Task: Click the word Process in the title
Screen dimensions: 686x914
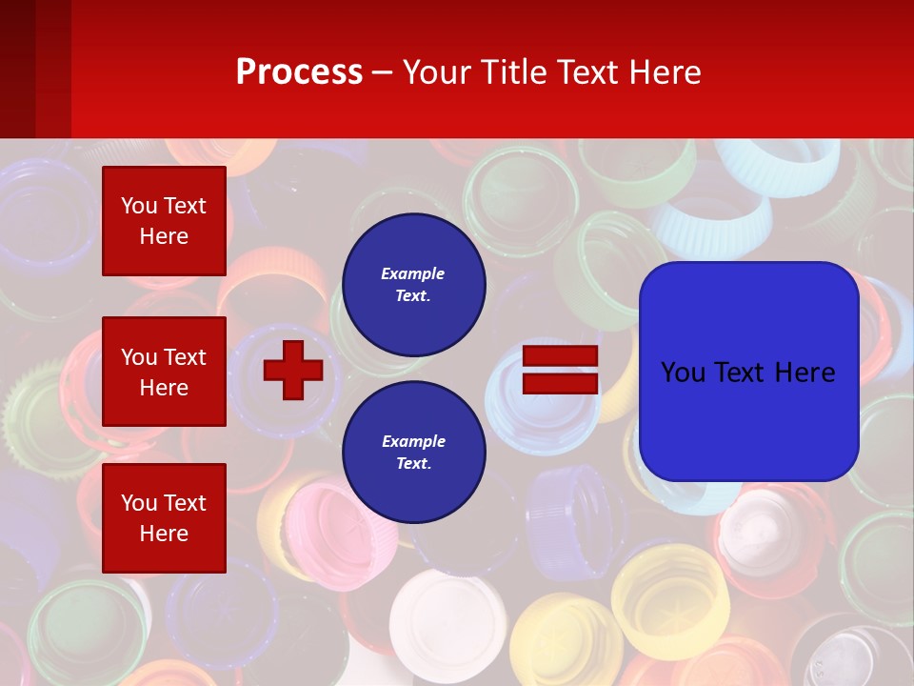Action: (299, 72)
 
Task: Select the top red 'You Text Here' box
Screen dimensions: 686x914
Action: (164, 221)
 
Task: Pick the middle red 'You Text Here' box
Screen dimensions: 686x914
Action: (164, 372)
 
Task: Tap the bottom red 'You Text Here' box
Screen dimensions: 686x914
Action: (164, 517)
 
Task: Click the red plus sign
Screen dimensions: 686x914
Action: (293, 370)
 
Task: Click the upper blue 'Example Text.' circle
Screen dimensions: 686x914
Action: (413, 284)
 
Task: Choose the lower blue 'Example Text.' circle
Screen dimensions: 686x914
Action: (413, 452)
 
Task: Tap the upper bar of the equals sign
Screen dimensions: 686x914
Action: (561, 356)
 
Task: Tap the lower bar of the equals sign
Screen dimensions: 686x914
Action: (561, 383)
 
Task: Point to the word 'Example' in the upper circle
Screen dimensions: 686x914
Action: (413, 273)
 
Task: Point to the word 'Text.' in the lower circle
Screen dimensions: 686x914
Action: (413, 464)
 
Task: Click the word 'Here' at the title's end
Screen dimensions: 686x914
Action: (667, 72)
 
